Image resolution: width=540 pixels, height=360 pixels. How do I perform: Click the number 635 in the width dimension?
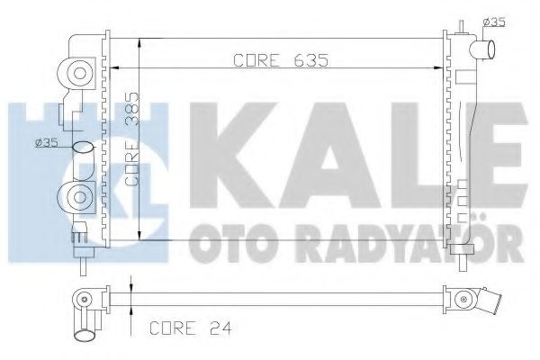click(x=306, y=60)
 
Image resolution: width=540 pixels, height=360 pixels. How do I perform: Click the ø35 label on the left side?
click(x=46, y=141)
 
